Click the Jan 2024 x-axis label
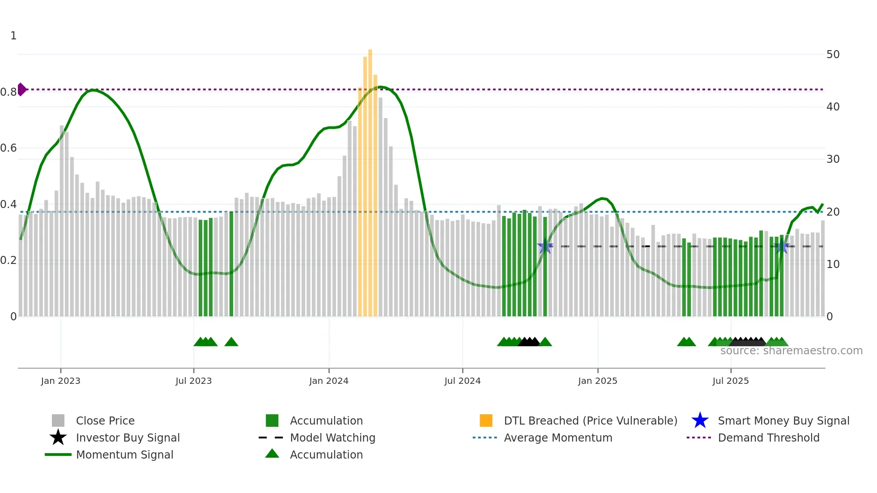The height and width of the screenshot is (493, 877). pos(328,381)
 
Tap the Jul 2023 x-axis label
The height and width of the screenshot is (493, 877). pos(193,381)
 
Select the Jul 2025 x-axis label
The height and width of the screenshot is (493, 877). pos(730,381)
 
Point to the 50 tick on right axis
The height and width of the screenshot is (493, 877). pos(833,55)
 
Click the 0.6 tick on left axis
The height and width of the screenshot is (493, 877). pos(9,148)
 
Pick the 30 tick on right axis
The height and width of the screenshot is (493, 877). pos(833,159)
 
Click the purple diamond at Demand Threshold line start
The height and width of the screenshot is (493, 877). pos(21,89)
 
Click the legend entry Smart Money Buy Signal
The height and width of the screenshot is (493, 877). pos(783,421)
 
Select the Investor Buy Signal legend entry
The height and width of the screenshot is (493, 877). pos(128,438)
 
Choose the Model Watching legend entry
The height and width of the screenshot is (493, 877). pos(332,438)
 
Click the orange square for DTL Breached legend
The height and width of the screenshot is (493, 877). pos(486,421)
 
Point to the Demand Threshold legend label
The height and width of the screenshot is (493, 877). pos(768,438)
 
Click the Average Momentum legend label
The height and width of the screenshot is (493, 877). pos(558,438)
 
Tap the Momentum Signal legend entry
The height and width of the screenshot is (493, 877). pos(124,455)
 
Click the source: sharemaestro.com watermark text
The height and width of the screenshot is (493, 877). pos(791,351)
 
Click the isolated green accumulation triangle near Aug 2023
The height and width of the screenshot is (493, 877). pos(231,342)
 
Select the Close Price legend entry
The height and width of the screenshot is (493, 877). pos(105,421)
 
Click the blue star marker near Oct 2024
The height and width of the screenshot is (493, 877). pos(545,246)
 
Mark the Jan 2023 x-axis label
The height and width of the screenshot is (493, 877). pos(60,381)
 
